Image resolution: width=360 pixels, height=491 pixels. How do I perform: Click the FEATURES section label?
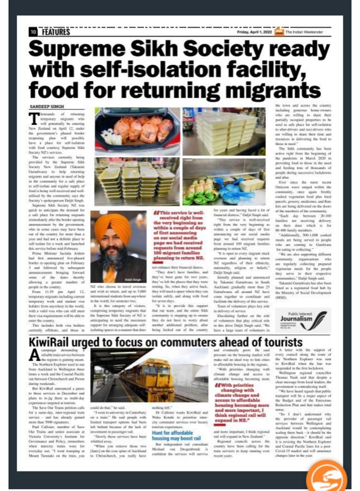click(x=55, y=32)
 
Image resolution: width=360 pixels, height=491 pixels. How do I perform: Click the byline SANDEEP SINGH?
click(x=43, y=105)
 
